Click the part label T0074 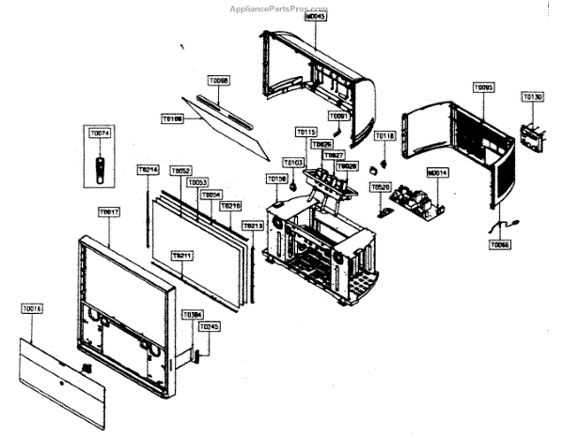(x=100, y=134)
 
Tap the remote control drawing (x=101, y=169)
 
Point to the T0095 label (x=483, y=86)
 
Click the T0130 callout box (x=533, y=97)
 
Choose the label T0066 (x=500, y=244)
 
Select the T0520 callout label (x=380, y=188)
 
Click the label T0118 (x=384, y=137)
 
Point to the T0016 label (x=33, y=307)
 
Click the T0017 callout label (x=109, y=212)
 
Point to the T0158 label (x=277, y=178)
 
